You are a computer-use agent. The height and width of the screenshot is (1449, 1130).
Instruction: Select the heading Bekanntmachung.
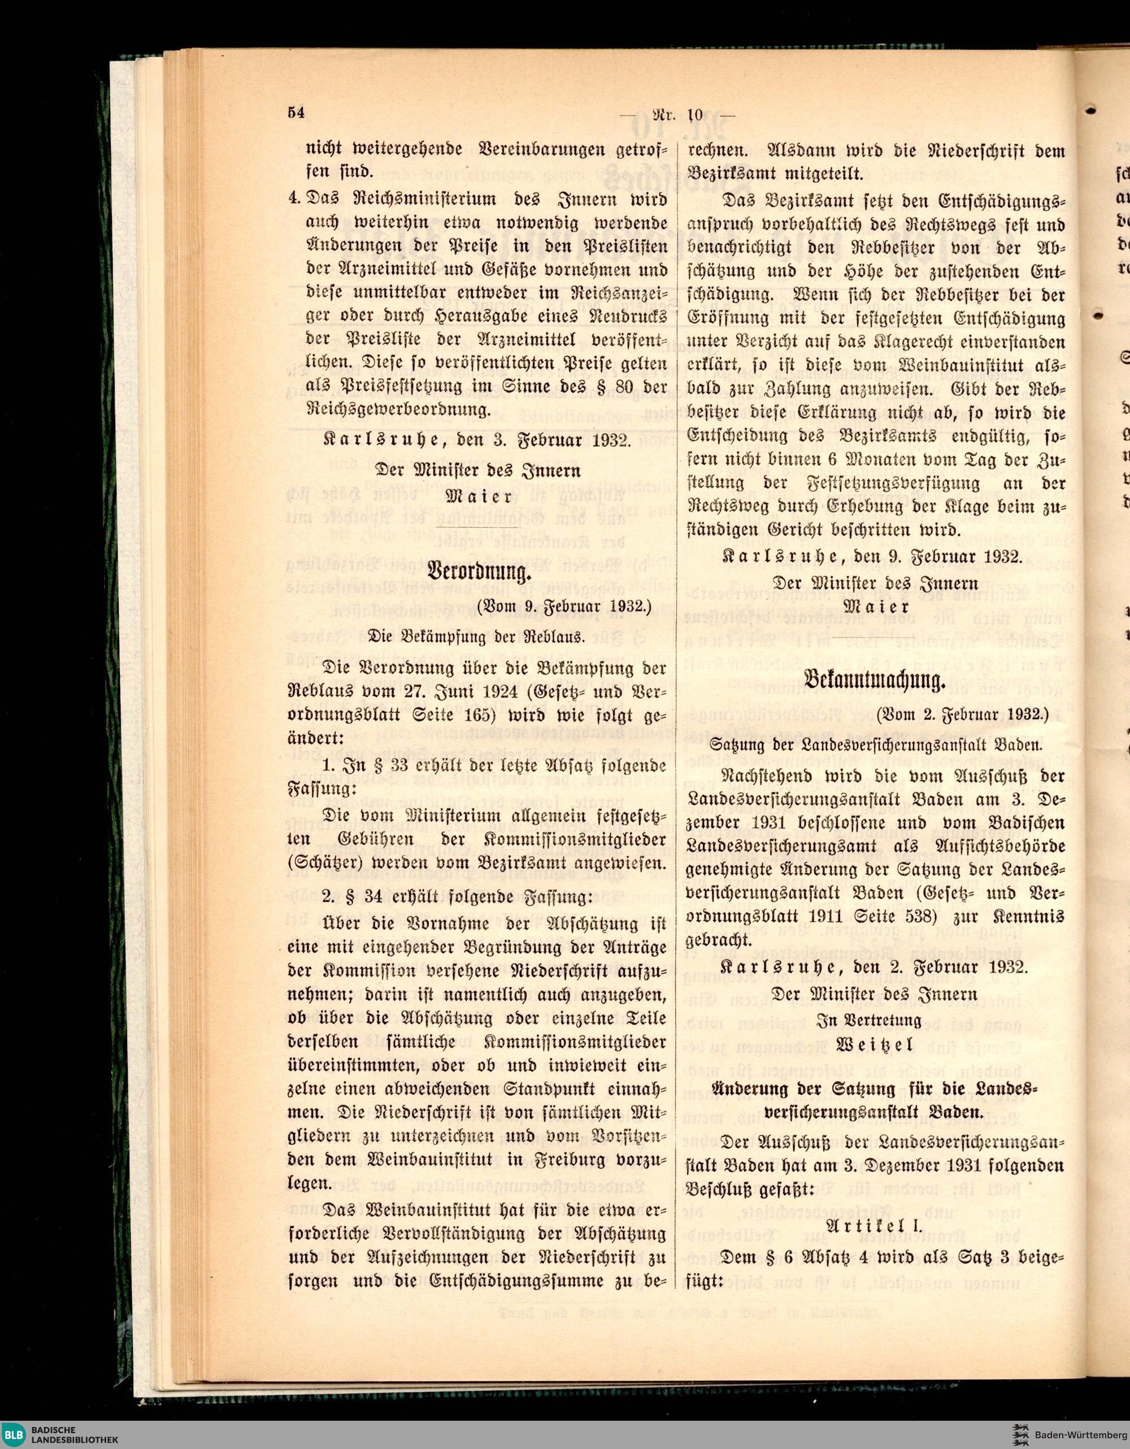(x=874, y=682)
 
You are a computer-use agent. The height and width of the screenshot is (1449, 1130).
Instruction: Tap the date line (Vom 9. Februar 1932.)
(x=564, y=605)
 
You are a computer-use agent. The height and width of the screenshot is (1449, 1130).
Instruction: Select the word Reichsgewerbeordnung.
(x=399, y=409)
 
